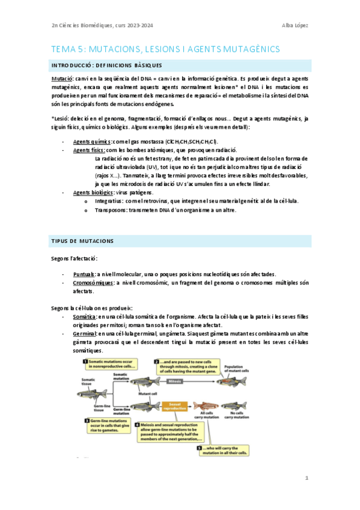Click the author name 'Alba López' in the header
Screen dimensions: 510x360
tap(294, 25)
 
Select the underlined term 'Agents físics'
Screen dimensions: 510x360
tap(88, 150)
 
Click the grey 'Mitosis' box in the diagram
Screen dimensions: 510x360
tap(175, 381)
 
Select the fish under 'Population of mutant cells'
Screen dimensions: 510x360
tap(234, 381)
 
